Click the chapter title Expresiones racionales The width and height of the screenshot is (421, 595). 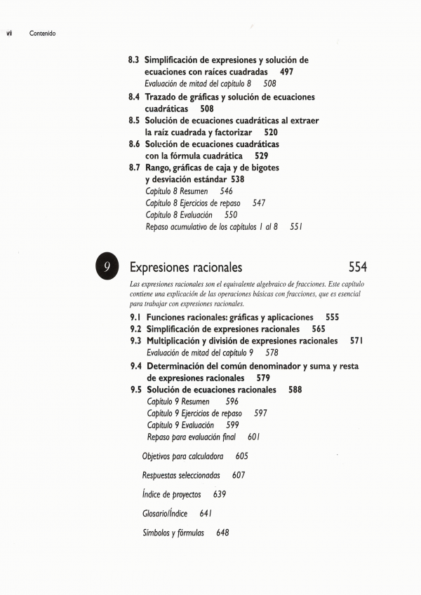[186, 268]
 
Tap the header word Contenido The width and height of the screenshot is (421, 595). [43, 34]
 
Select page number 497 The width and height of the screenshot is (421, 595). [286, 72]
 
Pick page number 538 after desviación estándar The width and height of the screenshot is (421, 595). [237, 179]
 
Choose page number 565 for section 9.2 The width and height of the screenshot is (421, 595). [319, 329]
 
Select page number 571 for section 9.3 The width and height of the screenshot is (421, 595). [356, 341]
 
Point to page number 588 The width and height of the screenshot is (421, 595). [295, 390]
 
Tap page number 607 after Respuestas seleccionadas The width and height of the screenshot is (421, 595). [239, 475]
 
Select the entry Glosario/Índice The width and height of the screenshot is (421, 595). [165, 514]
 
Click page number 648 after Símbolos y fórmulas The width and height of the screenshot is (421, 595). [222, 533]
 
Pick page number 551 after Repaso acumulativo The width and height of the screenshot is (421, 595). [295, 227]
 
